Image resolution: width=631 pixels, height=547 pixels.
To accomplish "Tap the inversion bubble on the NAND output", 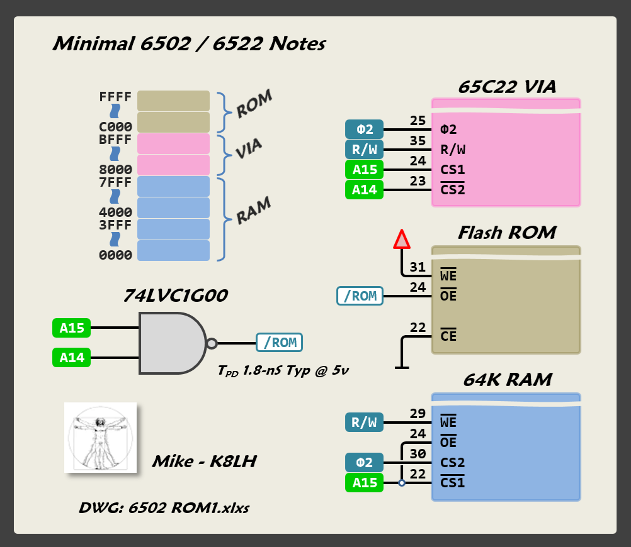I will pos(212,343).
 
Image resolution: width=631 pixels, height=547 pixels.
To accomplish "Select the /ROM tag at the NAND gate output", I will pos(279,343).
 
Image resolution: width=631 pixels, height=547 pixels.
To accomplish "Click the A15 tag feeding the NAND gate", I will pos(72,328).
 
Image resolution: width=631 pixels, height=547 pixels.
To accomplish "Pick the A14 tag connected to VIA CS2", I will pos(365,189).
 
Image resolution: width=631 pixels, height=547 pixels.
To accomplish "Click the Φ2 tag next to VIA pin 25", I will pos(365,130).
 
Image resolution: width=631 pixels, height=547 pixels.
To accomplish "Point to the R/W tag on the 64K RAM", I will pos(365,423).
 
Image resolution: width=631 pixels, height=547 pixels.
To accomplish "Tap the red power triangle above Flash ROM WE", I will pos(402,240).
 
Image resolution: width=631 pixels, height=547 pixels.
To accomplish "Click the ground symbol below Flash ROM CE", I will pos(402,367).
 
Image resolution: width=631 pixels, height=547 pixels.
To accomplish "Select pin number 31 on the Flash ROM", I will pos(418,267).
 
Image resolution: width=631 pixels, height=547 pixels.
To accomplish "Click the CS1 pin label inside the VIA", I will pos(453,170).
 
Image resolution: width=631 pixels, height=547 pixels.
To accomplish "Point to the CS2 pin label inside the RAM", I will pos(453,463).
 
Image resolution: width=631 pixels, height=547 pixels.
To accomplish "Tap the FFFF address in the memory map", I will pos(115,97).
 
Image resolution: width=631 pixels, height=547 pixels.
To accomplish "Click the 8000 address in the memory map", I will pos(115,170).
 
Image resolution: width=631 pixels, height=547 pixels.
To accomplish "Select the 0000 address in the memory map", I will pos(115,255).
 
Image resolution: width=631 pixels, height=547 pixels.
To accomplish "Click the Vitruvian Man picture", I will pos(101,437).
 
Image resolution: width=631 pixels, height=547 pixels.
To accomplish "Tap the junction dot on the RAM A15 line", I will pos(402,483).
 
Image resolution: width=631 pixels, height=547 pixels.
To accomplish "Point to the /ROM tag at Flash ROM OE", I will pos(360,296).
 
